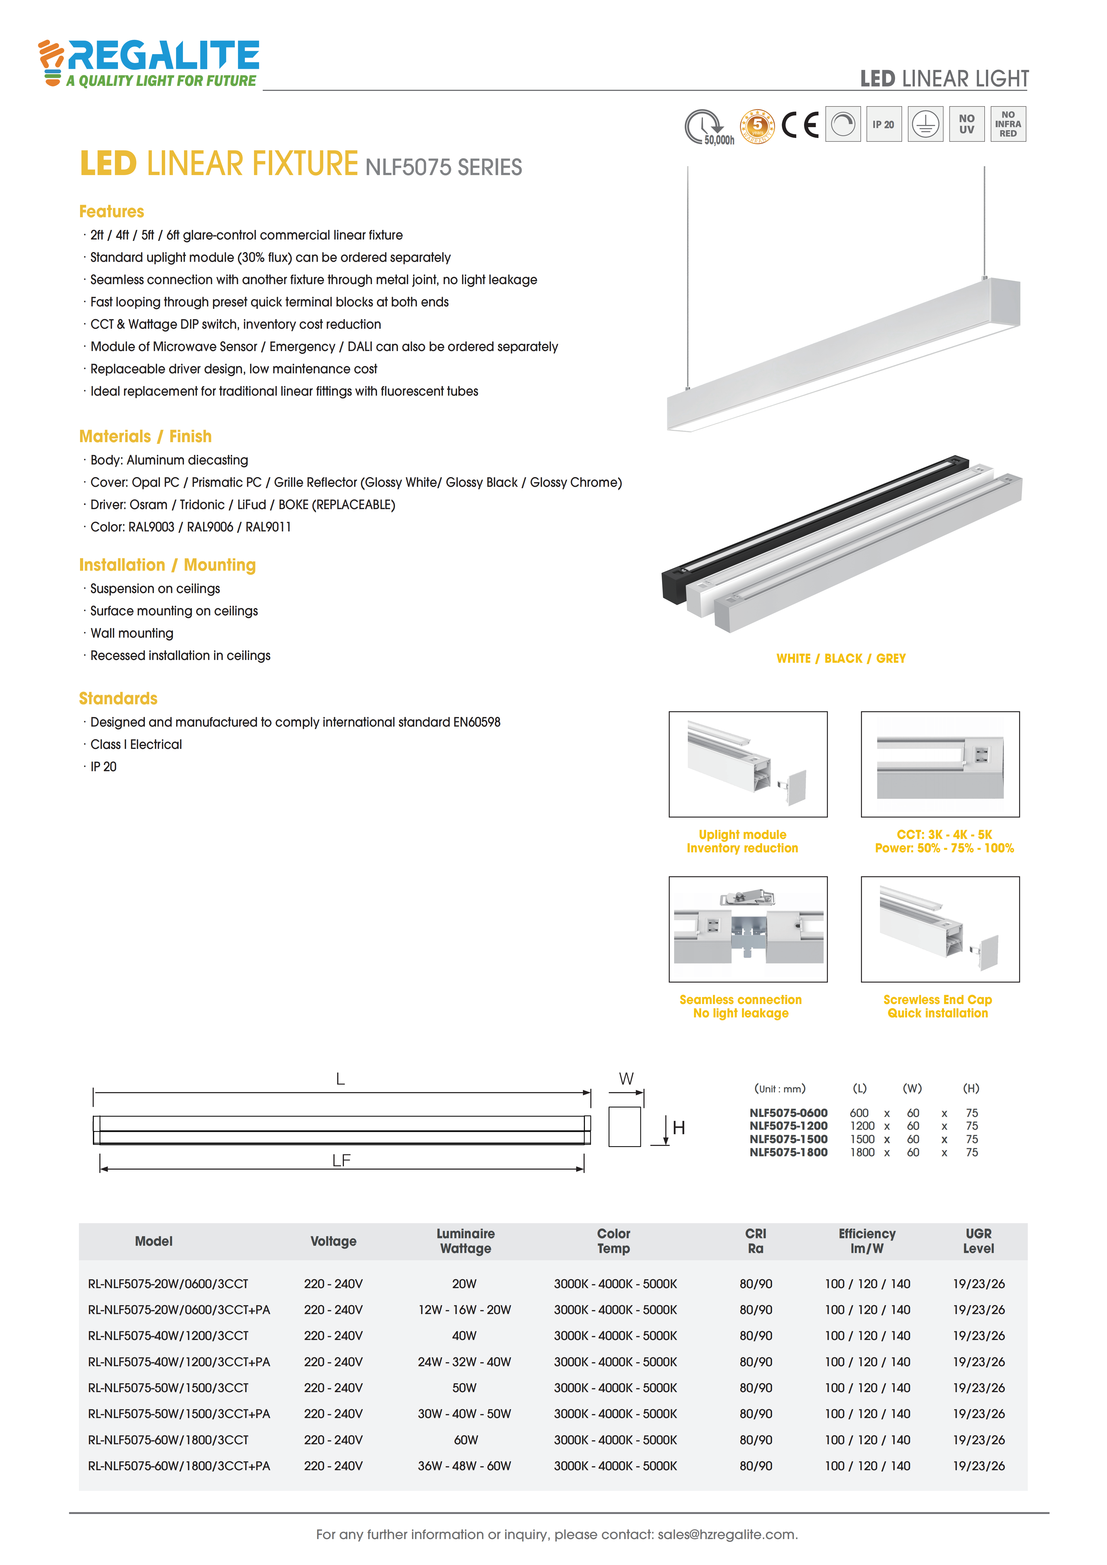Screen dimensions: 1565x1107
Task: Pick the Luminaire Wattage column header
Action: pyautogui.click(x=466, y=1241)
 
